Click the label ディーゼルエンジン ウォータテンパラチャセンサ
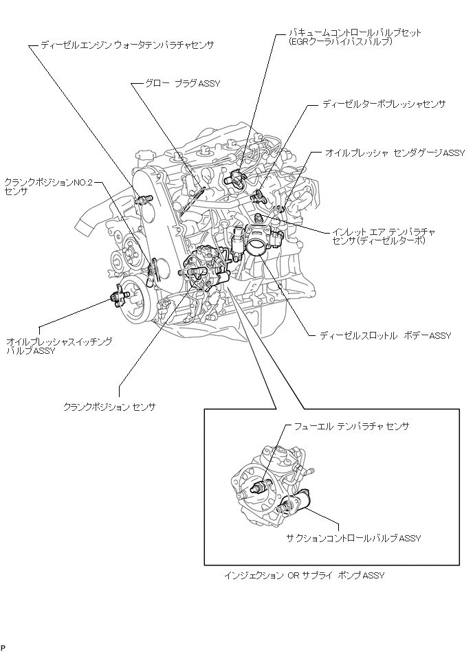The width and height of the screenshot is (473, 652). click(127, 45)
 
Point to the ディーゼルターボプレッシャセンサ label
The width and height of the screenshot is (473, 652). click(384, 104)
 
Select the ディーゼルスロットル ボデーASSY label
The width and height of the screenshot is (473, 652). click(385, 336)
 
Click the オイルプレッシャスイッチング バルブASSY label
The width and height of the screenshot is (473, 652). click(58, 346)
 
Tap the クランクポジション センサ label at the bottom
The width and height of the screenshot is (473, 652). click(109, 407)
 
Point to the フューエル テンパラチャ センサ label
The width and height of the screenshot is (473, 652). click(351, 426)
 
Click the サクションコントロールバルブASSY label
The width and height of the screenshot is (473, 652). click(353, 538)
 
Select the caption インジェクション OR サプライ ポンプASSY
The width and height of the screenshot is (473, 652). click(304, 575)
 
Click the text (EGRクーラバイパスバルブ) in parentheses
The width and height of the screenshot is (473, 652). click(341, 41)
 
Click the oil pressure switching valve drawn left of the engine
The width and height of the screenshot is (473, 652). click(117, 296)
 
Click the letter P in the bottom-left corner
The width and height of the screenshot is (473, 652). click(3, 647)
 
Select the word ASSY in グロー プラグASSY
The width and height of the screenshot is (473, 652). click(208, 85)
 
